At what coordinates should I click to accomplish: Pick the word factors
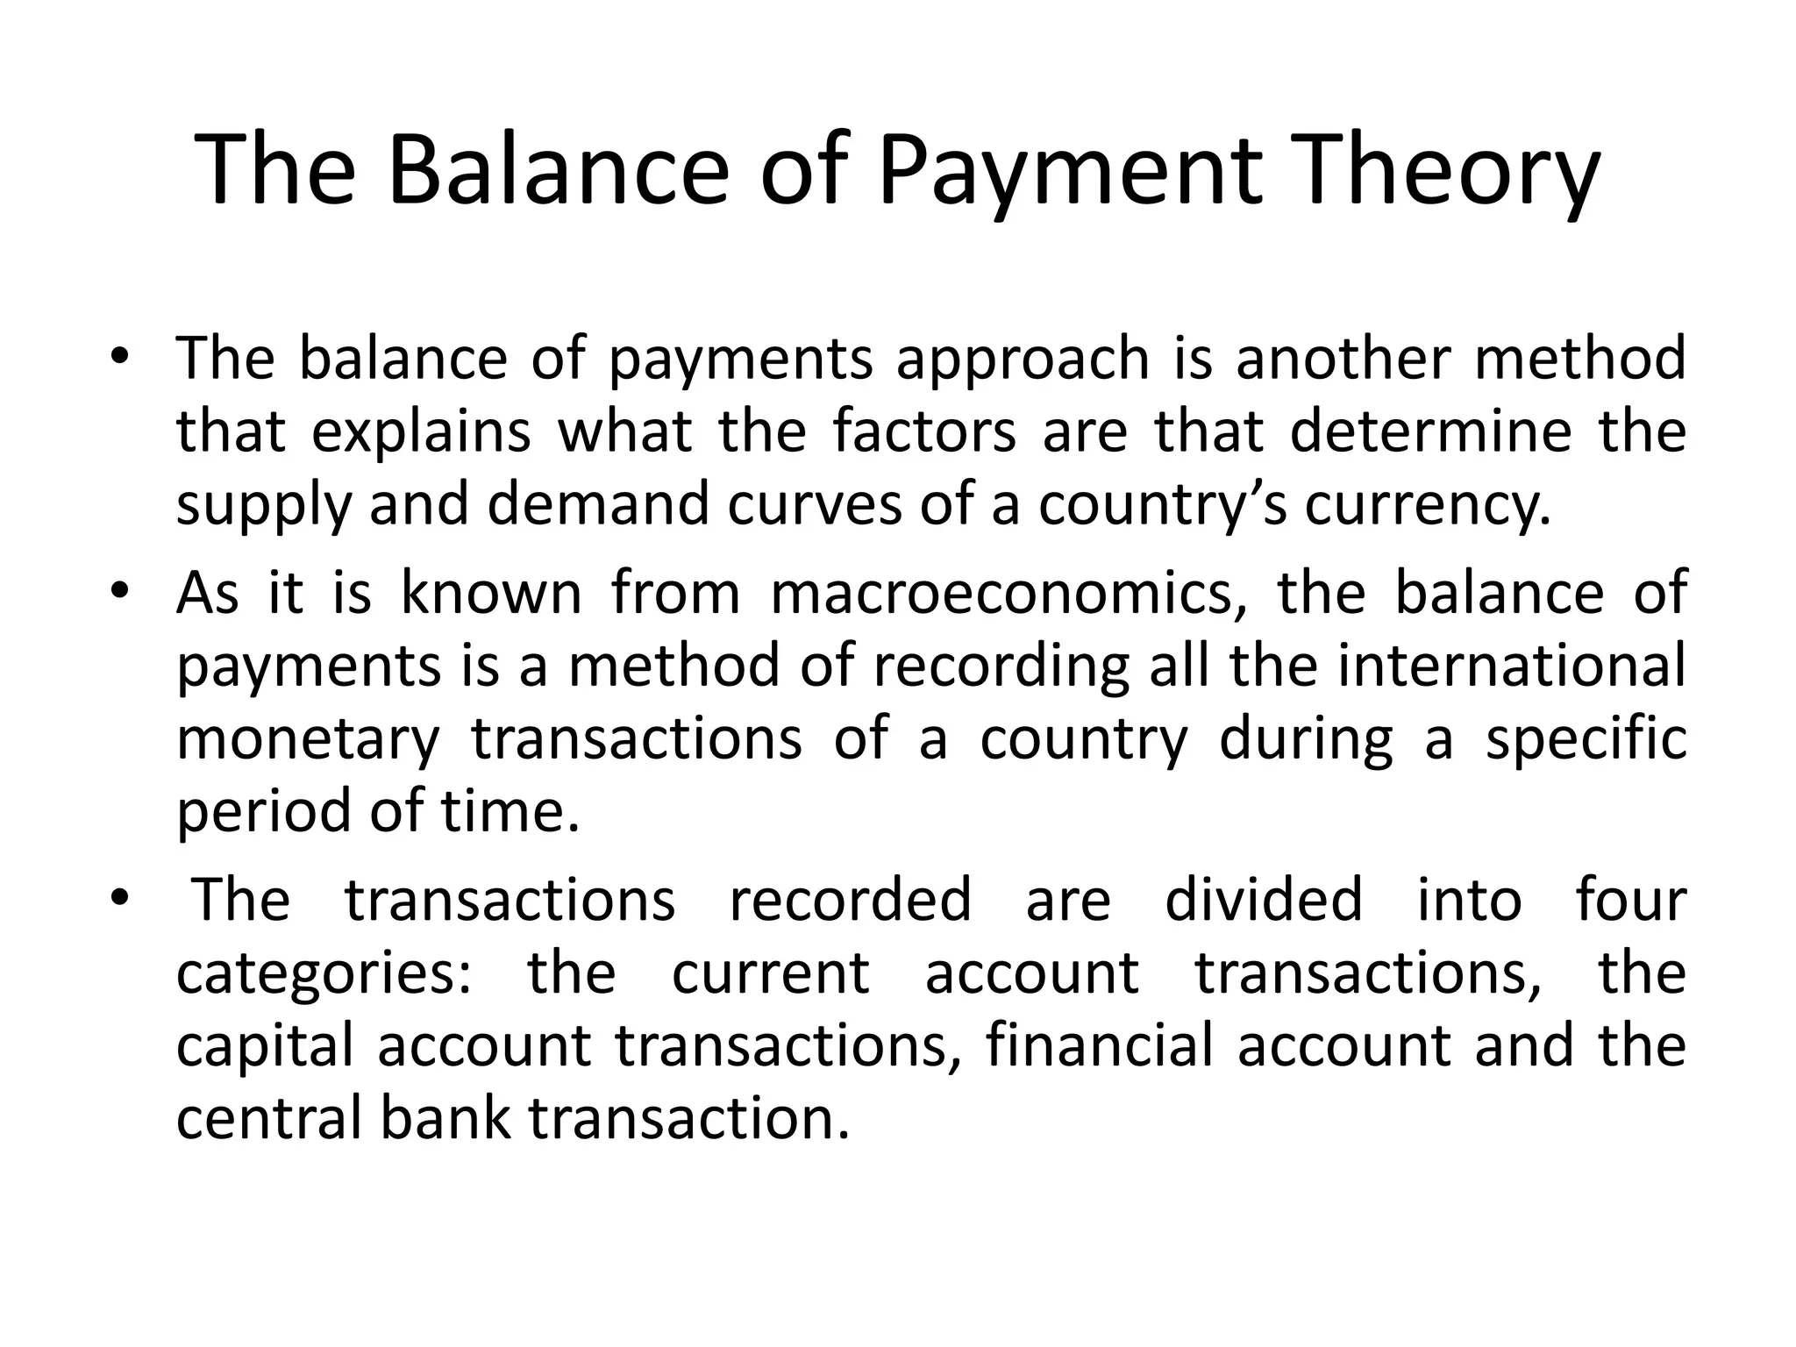924,431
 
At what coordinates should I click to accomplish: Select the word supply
262,507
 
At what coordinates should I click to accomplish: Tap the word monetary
307,740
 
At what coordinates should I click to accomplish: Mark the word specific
1586,738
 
